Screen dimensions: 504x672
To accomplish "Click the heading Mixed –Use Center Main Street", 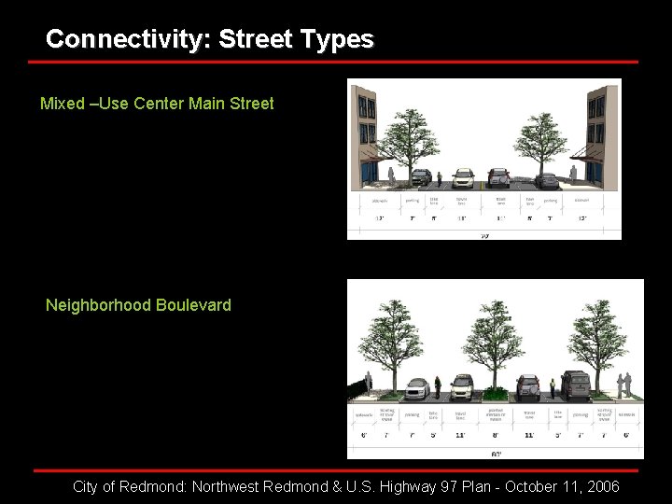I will [157, 104].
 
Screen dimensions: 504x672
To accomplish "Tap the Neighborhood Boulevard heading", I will [138, 305].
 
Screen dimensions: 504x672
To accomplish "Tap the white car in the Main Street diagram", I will [464, 177].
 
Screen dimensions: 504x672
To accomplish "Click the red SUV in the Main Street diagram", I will [499, 176].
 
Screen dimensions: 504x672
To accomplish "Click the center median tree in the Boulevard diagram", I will [495, 341].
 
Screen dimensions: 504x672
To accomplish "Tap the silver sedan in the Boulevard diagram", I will [417, 385].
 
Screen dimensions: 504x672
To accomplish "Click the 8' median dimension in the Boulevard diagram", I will [495, 434].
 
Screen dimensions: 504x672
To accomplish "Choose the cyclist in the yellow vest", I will [553, 385].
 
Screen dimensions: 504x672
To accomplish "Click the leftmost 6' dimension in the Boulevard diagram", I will [363, 434].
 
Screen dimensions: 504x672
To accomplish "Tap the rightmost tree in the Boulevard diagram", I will [597, 336].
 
